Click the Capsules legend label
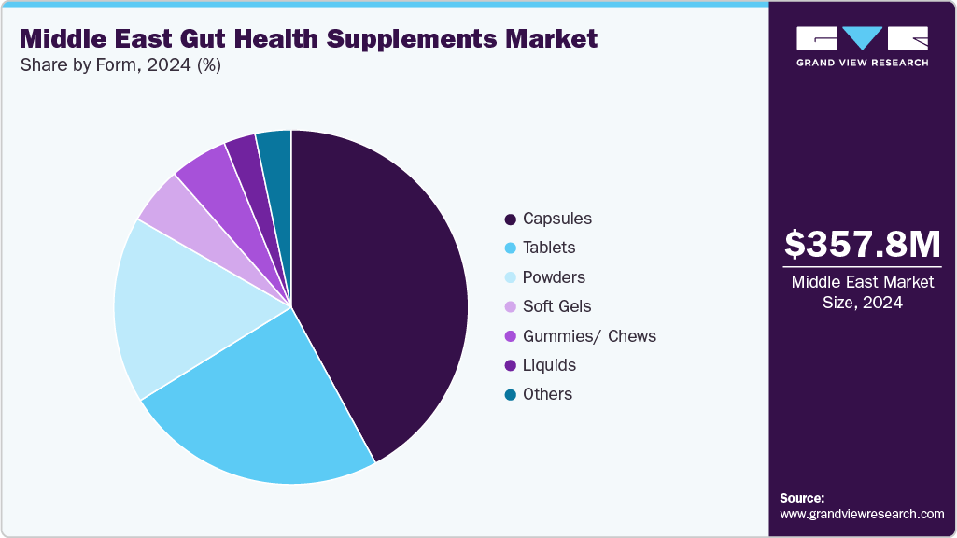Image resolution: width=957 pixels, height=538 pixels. point(556,219)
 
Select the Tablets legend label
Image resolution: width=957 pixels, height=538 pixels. point(549,248)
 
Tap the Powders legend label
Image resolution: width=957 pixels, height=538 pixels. point(554,277)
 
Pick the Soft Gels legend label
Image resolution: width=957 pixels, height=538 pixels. point(556,306)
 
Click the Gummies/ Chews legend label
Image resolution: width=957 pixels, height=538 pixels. point(589,336)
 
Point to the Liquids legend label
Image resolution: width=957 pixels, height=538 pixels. point(549,365)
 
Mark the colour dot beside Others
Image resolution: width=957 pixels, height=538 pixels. point(511,395)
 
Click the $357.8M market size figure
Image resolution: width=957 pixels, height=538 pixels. point(862,245)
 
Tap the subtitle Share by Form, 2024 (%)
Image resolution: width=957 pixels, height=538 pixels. point(120,65)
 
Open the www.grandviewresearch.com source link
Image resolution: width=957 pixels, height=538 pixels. point(862,514)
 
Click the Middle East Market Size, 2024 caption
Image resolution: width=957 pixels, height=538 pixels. point(862,291)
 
